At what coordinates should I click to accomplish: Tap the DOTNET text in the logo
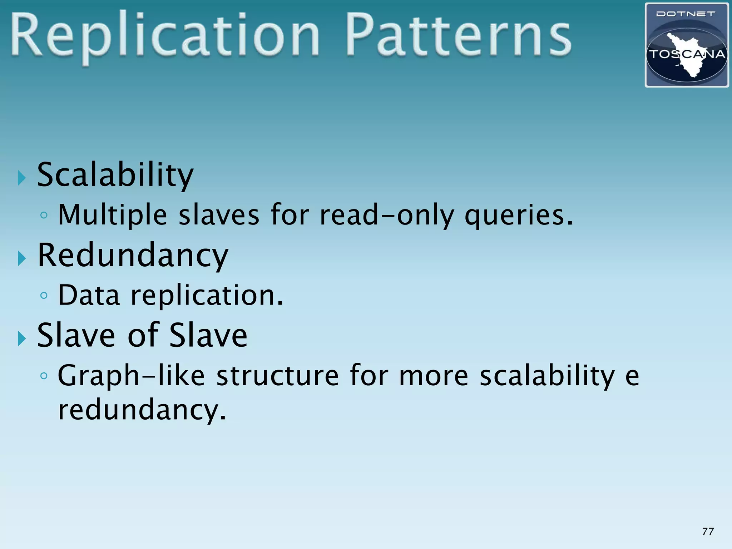pyautogui.click(x=686, y=14)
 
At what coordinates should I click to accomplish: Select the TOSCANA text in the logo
pyautogui.click(x=687, y=55)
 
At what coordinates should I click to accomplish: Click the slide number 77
pyautogui.click(x=708, y=531)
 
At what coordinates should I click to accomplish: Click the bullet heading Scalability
pyautogui.click(x=115, y=175)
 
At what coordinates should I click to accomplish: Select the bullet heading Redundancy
pyautogui.click(x=133, y=255)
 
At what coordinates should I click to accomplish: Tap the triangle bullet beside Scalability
pyautogui.click(x=22, y=178)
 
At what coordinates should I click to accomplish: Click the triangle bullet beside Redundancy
pyautogui.click(x=22, y=258)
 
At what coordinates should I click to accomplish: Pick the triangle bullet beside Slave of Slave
pyautogui.click(x=22, y=338)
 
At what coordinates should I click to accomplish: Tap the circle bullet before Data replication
pyautogui.click(x=44, y=296)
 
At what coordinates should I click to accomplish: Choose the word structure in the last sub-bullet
pyautogui.click(x=277, y=376)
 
